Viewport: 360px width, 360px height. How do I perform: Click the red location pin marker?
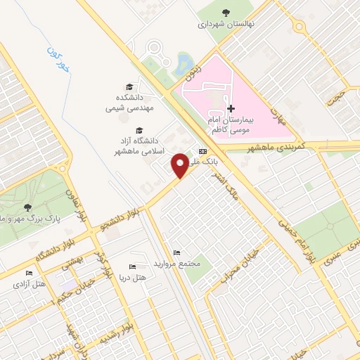click(x=181, y=165)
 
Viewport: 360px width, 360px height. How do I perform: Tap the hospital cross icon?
click(x=231, y=109)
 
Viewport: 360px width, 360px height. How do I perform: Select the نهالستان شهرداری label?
click(x=226, y=23)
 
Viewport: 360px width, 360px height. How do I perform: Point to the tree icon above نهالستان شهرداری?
click(x=226, y=12)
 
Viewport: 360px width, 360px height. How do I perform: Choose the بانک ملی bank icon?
click(x=204, y=150)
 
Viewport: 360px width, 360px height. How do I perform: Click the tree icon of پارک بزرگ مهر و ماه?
click(x=27, y=207)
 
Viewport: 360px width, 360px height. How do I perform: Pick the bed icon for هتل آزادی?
click(x=29, y=273)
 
